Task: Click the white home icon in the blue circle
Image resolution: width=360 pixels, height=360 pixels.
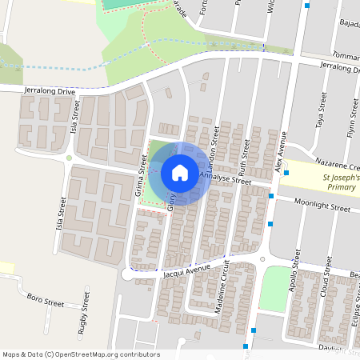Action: tap(180, 172)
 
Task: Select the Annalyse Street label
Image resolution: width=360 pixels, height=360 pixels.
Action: tap(226, 179)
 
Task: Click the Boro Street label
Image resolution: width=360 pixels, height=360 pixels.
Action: tap(45, 302)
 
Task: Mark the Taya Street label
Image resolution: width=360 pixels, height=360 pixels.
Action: tap(322, 111)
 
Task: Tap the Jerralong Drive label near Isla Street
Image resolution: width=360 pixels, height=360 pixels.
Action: tap(50, 92)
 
